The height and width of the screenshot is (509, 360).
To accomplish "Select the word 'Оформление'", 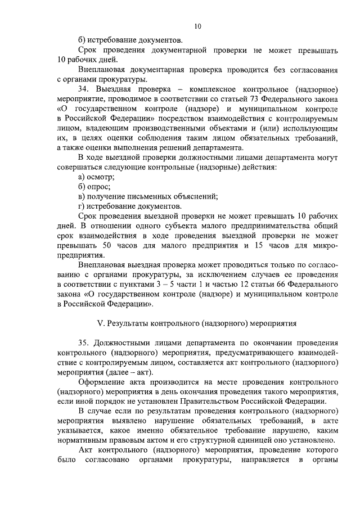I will tap(103, 381).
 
